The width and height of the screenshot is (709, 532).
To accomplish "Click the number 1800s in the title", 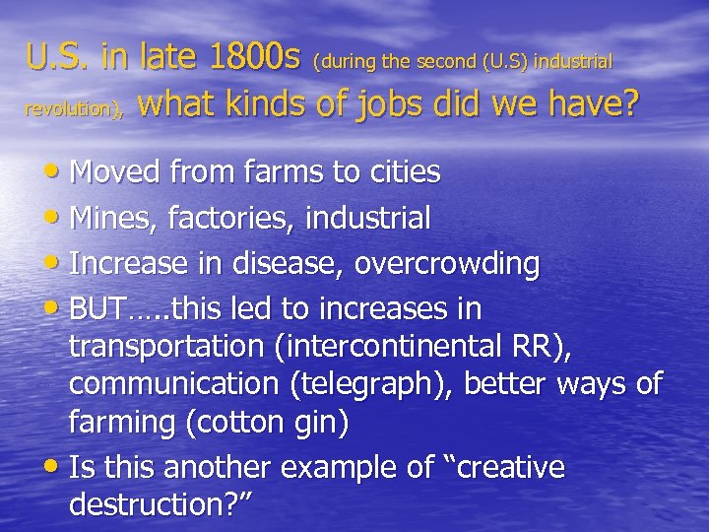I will (252, 58).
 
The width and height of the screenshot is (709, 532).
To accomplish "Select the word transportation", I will (167, 347).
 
